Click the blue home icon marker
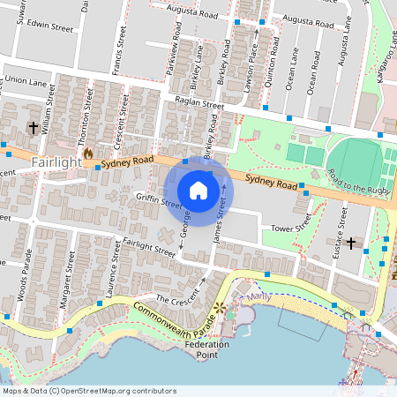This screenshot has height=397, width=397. [198, 190]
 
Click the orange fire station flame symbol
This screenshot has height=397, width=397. [88, 153]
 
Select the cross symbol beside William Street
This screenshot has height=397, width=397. [34, 128]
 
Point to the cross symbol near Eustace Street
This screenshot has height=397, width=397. [350, 242]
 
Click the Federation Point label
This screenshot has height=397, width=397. [195, 349]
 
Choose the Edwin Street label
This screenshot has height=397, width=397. [50, 26]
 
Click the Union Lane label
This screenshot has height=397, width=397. [26, 80]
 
